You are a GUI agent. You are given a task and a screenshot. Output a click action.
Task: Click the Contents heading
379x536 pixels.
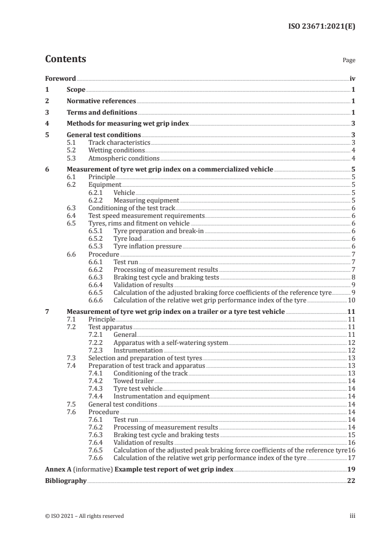[x=65, y=60]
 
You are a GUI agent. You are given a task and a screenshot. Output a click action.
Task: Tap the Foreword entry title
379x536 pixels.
[x=60, y=78]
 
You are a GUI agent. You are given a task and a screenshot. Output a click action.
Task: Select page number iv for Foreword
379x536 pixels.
[x=352, y=78]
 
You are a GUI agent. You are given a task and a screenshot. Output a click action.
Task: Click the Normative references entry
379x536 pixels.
[x=101, y=101]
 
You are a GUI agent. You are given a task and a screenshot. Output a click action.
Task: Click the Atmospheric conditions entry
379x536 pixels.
[x=124, y=158]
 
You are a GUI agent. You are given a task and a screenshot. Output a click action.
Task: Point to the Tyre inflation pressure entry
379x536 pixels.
[x=147, y=246]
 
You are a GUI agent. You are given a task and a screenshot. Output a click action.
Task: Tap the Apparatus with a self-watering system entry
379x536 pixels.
[x=171, y=343]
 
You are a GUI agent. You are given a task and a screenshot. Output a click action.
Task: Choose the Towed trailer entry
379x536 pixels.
[x=133, y=381]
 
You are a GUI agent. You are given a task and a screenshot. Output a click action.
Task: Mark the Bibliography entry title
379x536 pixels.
[x=65, y=481]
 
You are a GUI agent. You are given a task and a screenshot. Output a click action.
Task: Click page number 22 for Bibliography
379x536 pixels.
[x=351, y=481]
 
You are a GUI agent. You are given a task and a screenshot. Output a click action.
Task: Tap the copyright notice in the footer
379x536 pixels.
[x=84, y=516]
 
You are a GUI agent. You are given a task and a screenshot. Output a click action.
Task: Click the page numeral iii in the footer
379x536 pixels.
[x=352, y=516]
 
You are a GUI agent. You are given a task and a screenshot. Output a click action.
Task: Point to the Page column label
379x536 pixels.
[x=349, y=61]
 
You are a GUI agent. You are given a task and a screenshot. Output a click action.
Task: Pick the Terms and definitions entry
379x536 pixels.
[x=102, y=112]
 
